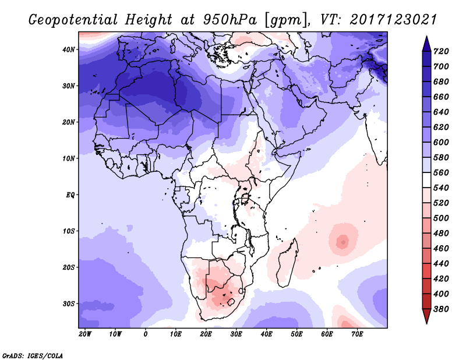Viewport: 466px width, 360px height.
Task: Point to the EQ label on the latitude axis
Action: click(x=70, y=195)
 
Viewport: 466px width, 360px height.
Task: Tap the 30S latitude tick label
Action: click(x=69, y=303)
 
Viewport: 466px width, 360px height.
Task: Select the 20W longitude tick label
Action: click(x=85, y=334)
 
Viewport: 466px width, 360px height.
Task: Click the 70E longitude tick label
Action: click(x=357, y=334)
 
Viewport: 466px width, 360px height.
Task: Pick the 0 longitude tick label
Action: click(x=146, y=334)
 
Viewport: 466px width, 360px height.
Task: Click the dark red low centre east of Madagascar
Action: click(x=343, y=241)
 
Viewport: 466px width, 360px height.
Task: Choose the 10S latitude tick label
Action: click(x=69, y=231)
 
